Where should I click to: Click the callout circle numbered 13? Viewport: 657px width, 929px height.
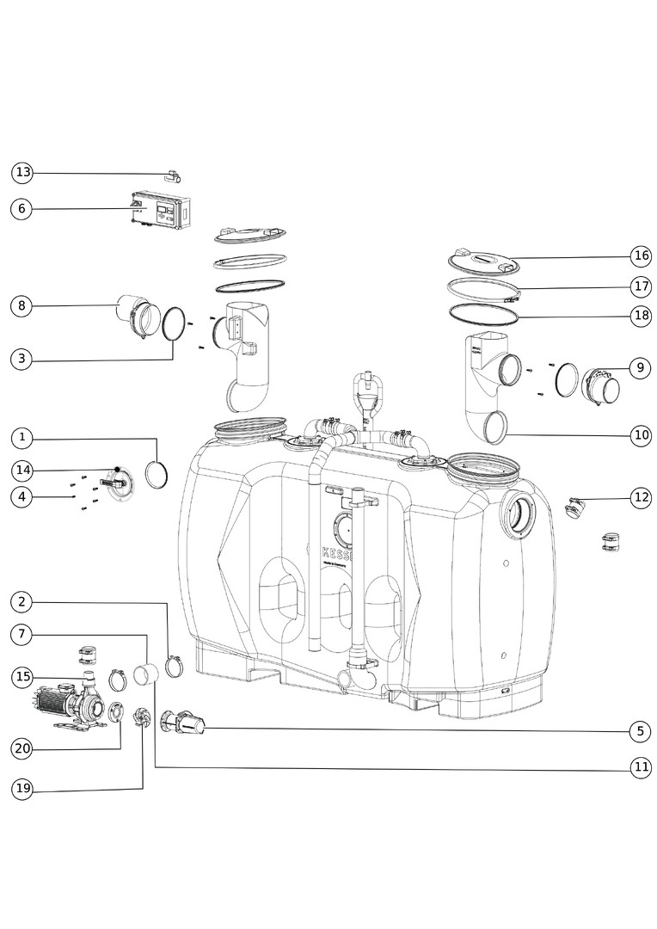click(x=22, y=173)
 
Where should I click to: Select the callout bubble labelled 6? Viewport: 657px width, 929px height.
click(x=22, y=208)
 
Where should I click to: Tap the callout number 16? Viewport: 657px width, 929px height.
click(x=640, y=255)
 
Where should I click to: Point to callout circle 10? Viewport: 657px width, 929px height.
click(x=640, y=435)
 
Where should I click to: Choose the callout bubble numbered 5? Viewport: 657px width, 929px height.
click(x=640, y=731)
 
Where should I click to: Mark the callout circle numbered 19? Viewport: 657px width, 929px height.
click(x=22, y=788)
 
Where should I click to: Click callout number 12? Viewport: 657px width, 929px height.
click(x=640, y=496)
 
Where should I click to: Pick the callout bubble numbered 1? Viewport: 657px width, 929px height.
click(x=22, y=438)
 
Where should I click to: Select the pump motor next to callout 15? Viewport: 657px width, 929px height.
click(x=60, y=702)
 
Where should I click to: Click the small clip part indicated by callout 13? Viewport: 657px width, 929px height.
click(x=172, y=177)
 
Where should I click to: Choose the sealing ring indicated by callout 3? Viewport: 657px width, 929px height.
click(x=172, y=323)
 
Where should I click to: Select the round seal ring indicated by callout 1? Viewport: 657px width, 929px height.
click(x=156, y=474)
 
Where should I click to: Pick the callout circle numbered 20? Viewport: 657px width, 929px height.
click(x=22, y=748)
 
